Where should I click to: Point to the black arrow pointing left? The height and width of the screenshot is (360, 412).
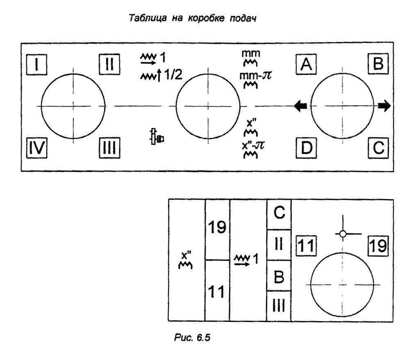pyautogui.click(x=300, y=106)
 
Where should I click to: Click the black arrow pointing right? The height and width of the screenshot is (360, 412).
pyautogui.click(x=384, y=106)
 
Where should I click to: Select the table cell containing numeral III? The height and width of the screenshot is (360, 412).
pyautogui.click(x=279, y=306)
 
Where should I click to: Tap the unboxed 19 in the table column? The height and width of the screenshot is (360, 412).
pyautogui.click(x=217, y=228)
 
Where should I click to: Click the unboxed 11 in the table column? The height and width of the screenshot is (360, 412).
pyautogui.click(x=217, y=292)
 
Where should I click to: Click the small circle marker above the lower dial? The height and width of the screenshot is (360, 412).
pyautogui.click(x=344, y=234)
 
